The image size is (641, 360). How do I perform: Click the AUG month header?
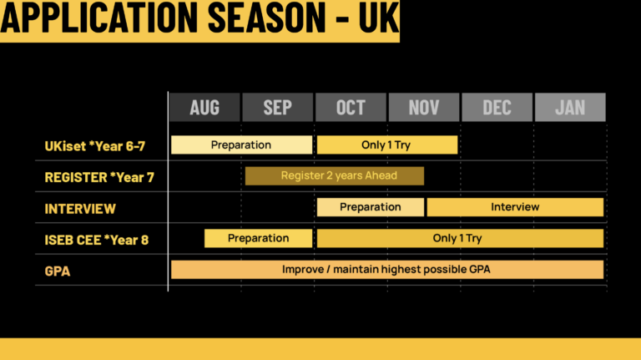pos(204,107)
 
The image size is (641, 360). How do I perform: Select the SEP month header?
pos(278,107)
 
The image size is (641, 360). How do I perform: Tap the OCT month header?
pos(351,107)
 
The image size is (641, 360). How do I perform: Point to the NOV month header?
pos(424,107)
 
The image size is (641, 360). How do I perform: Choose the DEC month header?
pos(497,107)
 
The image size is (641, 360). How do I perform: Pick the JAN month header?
pos(570,107)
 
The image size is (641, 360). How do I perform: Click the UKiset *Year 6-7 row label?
pos(95,146)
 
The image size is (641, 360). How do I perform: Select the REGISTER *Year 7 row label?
pos(99,177)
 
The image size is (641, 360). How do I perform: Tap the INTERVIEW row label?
pos(80,209)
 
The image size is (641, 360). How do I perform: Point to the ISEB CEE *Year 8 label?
pos(97,240)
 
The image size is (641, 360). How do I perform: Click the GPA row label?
pos(58,271)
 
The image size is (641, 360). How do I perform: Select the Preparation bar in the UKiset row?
pos(241,145)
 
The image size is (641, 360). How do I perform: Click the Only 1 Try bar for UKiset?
pos(387,145)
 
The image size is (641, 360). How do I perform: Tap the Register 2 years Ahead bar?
pos(335,175)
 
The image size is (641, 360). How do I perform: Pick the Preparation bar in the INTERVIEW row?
pos(371,207)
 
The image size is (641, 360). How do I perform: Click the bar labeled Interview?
pos(515,207)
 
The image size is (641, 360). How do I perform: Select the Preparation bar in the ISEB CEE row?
pos(259,238)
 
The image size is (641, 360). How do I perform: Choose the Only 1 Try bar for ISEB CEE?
pos(461,238)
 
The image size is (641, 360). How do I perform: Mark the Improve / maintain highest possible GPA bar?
pos(387,270)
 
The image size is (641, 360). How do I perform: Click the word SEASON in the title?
pos(267,18)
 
